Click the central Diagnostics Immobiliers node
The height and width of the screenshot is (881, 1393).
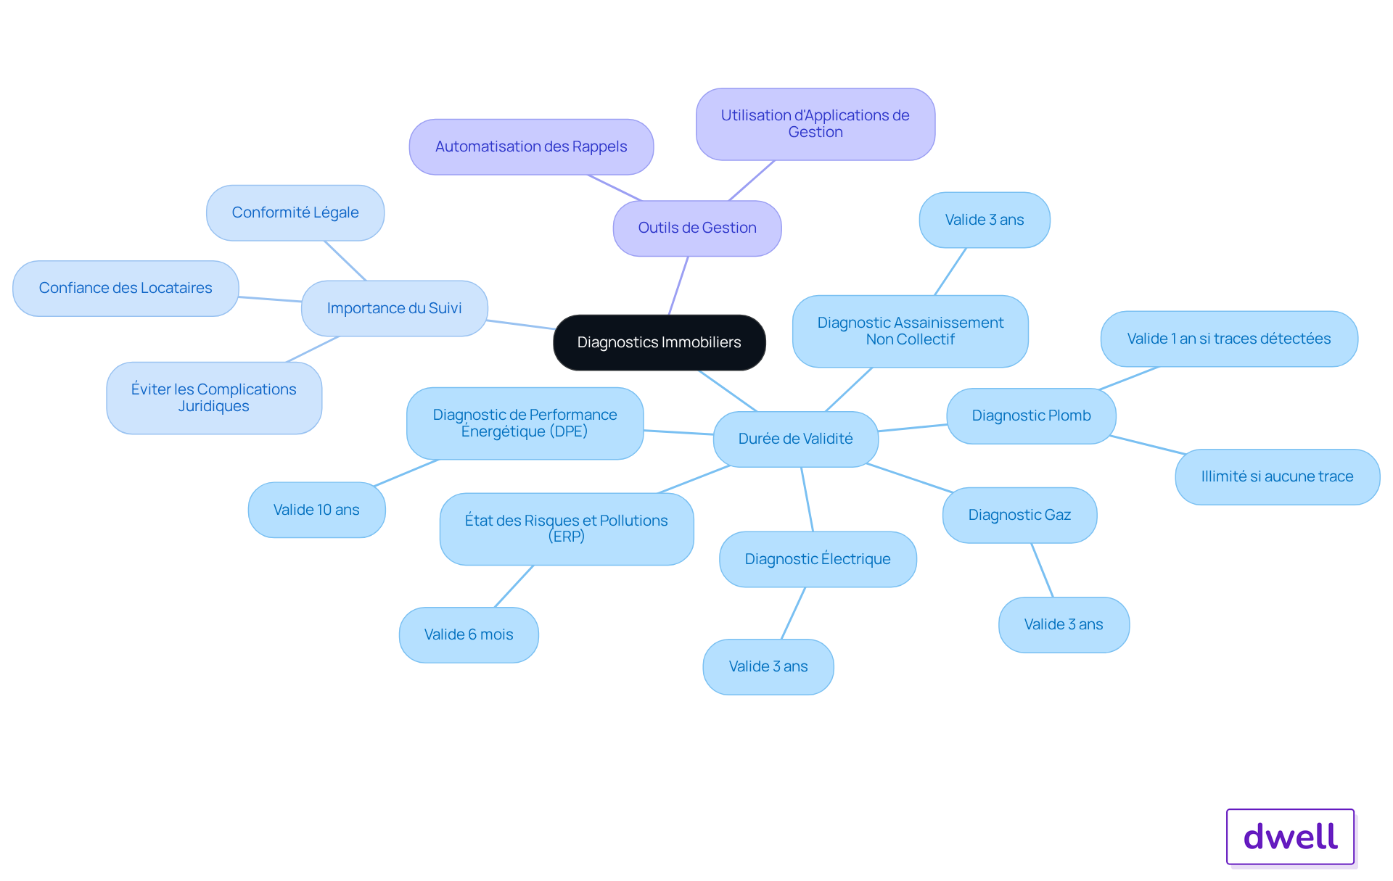click(659, 342)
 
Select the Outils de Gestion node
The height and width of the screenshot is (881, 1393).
click(696, 228)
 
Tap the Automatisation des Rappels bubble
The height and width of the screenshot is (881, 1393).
click(531, 146)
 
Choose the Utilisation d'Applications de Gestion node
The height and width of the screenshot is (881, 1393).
click(815, 124)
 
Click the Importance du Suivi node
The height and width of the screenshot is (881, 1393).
click(394, 308)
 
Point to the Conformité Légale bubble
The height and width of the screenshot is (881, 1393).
click(295, 212)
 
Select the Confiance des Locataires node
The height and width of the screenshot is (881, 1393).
click(126, 288)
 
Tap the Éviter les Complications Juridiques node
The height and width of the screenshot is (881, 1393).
click(213, 397)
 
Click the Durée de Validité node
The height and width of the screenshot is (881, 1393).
click(795, 439)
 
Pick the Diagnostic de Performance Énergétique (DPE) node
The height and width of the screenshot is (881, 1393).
click(525, 423)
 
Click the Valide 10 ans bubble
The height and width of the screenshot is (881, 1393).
click(316, 510)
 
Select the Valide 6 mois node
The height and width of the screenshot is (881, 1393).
click(469, 634)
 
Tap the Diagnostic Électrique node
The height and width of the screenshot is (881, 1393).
click(818, 559)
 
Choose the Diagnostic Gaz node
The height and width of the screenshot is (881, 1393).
click(1019, 515)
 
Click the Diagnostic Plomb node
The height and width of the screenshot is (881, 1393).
click(1031, 415)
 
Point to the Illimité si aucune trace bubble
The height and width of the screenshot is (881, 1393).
click(1277, 476)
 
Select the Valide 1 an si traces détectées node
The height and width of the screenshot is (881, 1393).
click(1228, 339)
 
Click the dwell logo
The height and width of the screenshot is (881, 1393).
click(1290, 836)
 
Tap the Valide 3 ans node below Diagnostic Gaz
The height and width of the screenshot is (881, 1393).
click(1064, 624)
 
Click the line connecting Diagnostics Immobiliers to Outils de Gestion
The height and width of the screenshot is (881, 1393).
click(678, 286)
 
